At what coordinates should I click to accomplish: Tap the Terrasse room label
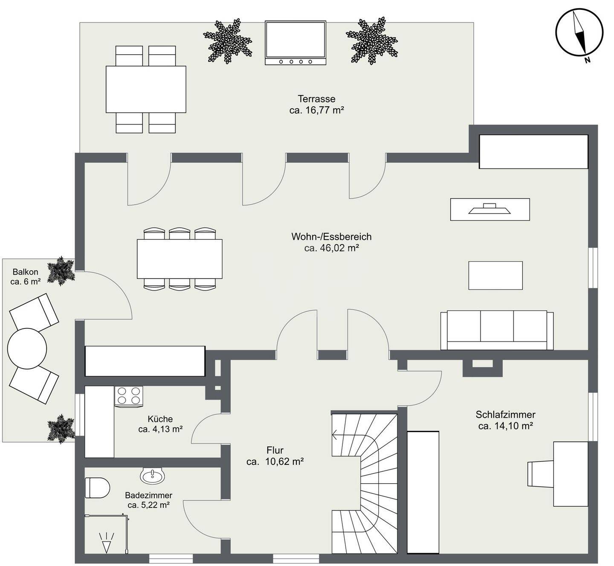point(316,99)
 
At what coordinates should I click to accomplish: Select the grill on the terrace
point(295,43)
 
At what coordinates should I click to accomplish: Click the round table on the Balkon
point(27,348)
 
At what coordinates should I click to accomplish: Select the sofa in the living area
point(497,330)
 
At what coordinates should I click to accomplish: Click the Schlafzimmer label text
point(505,415)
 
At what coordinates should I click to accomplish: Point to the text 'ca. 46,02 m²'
point(331,248)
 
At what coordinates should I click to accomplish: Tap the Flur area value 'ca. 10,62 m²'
point(275,461)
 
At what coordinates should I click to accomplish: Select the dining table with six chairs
point(180,259)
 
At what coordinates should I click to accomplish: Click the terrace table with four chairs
point(146,89)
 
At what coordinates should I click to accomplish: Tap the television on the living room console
point(490,209)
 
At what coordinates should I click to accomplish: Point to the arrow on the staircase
point(335,435)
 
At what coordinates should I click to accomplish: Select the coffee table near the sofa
point(495,276)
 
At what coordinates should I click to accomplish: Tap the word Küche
point(160,419)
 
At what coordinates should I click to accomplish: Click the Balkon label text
point(26,272)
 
